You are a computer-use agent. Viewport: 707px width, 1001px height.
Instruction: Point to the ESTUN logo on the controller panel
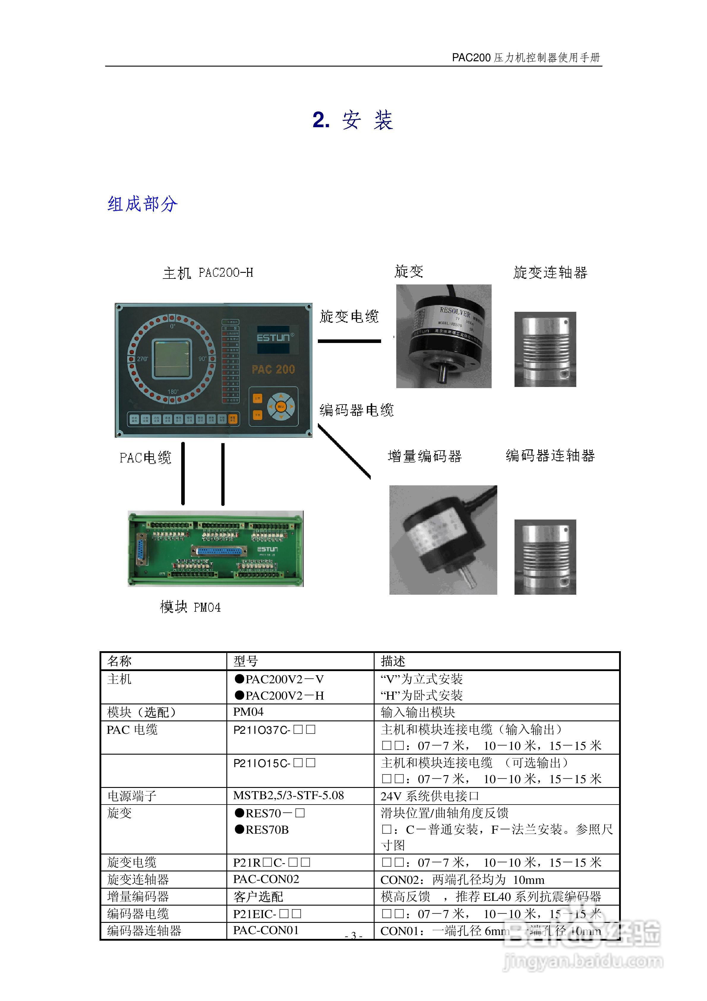coord(273,337)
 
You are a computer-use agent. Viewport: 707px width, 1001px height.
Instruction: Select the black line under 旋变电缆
coord(349,341)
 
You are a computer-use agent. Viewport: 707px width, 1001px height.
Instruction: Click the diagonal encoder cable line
coord(344,452)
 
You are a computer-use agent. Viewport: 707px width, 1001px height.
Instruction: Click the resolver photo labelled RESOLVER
coord(443,336)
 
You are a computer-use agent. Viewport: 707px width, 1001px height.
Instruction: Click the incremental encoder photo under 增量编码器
coord(443,540)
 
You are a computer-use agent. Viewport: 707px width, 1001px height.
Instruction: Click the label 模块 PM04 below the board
coord(190,607)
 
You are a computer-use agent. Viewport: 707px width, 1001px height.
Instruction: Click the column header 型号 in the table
coord(246,661)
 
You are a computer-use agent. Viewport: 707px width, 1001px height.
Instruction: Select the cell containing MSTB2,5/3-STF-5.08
coord(288,795)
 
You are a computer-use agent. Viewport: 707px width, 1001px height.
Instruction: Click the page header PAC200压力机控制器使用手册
coord(526,58)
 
